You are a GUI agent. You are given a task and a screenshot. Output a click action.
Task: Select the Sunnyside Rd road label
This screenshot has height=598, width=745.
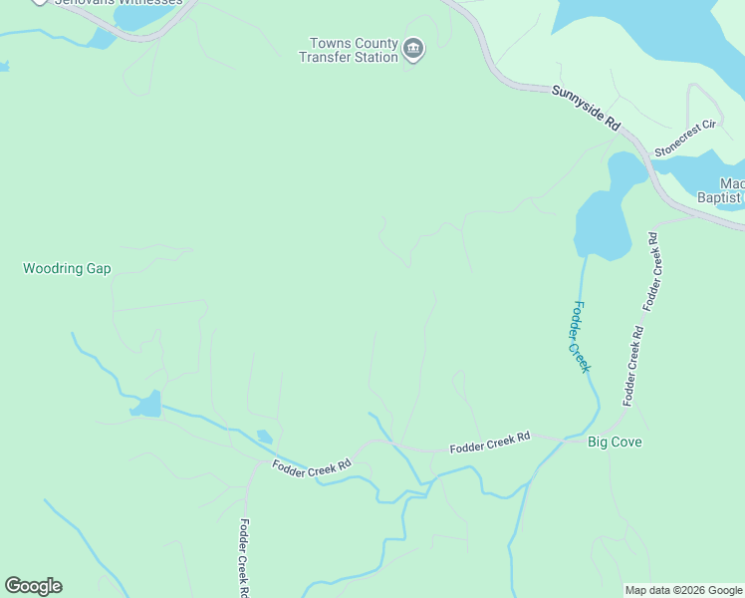tap(586, 109)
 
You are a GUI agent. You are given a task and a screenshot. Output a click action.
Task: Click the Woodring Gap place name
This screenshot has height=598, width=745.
tap(67, 269)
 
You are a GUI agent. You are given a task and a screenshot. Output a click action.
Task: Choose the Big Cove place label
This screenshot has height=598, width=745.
tap(615, 442)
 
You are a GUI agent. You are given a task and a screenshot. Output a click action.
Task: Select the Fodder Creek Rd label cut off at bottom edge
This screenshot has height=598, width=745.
tap(243, 558)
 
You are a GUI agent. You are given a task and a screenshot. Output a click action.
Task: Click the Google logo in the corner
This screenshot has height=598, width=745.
tap(33, 586)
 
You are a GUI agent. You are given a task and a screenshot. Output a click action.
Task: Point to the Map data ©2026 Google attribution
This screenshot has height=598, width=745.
tap(683, 590)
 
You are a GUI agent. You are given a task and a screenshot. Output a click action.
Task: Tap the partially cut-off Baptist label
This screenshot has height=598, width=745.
tap(719, 197)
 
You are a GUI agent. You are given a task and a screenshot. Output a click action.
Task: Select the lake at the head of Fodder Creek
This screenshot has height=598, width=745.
tap(604, 224)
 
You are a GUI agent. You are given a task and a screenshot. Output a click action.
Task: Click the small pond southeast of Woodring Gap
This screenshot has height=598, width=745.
tap(145, 405)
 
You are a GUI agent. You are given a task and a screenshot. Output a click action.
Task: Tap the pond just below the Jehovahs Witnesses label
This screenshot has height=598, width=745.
tap(102, 38)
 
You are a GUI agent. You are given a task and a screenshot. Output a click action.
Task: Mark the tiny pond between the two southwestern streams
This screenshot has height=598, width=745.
tap(264, 437)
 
